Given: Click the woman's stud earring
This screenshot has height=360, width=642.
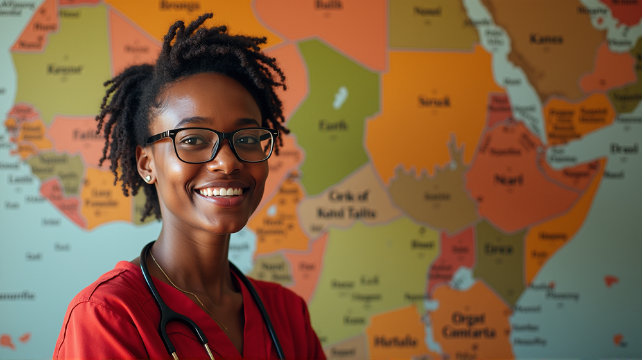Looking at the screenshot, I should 148,178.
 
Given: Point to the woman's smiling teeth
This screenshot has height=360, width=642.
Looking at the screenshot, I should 221,191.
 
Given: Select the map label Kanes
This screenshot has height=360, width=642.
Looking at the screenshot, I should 546,39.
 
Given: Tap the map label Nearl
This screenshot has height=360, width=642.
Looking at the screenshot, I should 508,180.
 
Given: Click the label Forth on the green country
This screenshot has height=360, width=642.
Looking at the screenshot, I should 333,126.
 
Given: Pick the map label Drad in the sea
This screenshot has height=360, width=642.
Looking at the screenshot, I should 623,148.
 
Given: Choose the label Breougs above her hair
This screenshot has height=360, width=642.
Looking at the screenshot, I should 180,6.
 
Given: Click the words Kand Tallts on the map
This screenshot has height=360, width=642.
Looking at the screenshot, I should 347,213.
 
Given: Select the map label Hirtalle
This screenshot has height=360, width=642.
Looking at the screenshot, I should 395,342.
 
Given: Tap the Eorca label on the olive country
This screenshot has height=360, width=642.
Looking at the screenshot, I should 498,249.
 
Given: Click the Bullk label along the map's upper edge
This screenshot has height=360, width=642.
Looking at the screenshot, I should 329,4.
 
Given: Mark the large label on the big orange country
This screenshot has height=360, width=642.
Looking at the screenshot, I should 435,101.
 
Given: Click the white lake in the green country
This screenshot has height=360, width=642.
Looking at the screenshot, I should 340,97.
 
